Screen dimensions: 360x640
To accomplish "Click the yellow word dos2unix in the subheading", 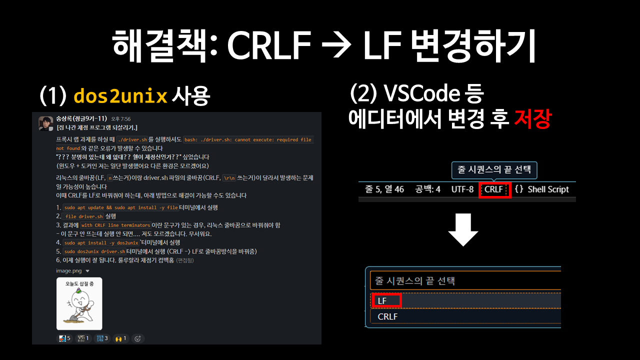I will (x=120, y=96).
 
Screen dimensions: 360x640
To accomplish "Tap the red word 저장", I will (x=532, y=119).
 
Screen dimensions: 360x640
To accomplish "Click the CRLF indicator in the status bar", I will (x=494, y=190).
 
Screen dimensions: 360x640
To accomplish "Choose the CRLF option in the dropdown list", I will (x=387, y=316).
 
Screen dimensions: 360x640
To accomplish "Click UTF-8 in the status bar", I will (x=462, y=190).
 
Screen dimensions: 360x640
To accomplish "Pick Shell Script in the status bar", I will (x=548, y=190).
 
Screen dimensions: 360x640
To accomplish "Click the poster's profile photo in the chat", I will (x=46, y=123).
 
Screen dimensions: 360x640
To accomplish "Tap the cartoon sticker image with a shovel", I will (x=79, y=303).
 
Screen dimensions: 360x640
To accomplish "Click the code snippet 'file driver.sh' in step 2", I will (x=84, y=216).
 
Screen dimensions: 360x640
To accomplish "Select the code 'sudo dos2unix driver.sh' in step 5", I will (x=94, y=251).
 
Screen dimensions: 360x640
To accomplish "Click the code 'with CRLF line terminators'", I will (x=115, y=225).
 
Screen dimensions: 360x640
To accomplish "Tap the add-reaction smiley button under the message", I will (x=138, y=338).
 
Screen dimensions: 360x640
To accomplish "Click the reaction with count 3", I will (x=102, y=338).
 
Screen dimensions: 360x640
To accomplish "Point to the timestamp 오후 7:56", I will (x=120, y=119).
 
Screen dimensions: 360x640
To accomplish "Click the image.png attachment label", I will (x=69, y=271).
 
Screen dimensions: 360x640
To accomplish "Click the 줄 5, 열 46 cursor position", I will (x=384, y=190).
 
